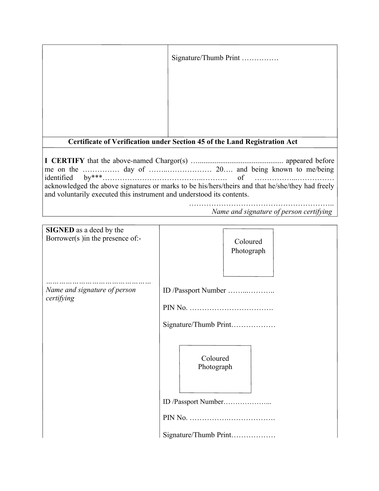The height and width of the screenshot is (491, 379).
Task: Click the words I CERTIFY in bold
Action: tap(65, 161)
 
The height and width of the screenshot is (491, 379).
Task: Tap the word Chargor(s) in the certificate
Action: tap(172, 161)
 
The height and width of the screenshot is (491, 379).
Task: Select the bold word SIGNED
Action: tap(60, 230)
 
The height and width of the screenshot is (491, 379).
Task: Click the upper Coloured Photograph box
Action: tap(248, 252)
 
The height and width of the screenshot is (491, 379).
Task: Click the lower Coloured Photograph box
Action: tap(215, 369)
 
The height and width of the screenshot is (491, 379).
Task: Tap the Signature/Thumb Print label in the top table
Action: tap(205, 58)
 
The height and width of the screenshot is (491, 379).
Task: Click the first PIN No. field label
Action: tap(175, 308)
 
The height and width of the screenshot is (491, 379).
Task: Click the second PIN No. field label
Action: tap(175, 418)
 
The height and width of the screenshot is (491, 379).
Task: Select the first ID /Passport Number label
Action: tap(194, 291)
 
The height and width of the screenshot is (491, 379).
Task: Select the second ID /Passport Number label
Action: tap(193, 402)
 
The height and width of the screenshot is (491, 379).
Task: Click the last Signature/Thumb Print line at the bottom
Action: tap(197, 435)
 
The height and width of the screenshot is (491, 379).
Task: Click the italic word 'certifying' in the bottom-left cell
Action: tap(60, 298)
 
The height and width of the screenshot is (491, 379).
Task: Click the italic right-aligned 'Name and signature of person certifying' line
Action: tap(272, 212)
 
